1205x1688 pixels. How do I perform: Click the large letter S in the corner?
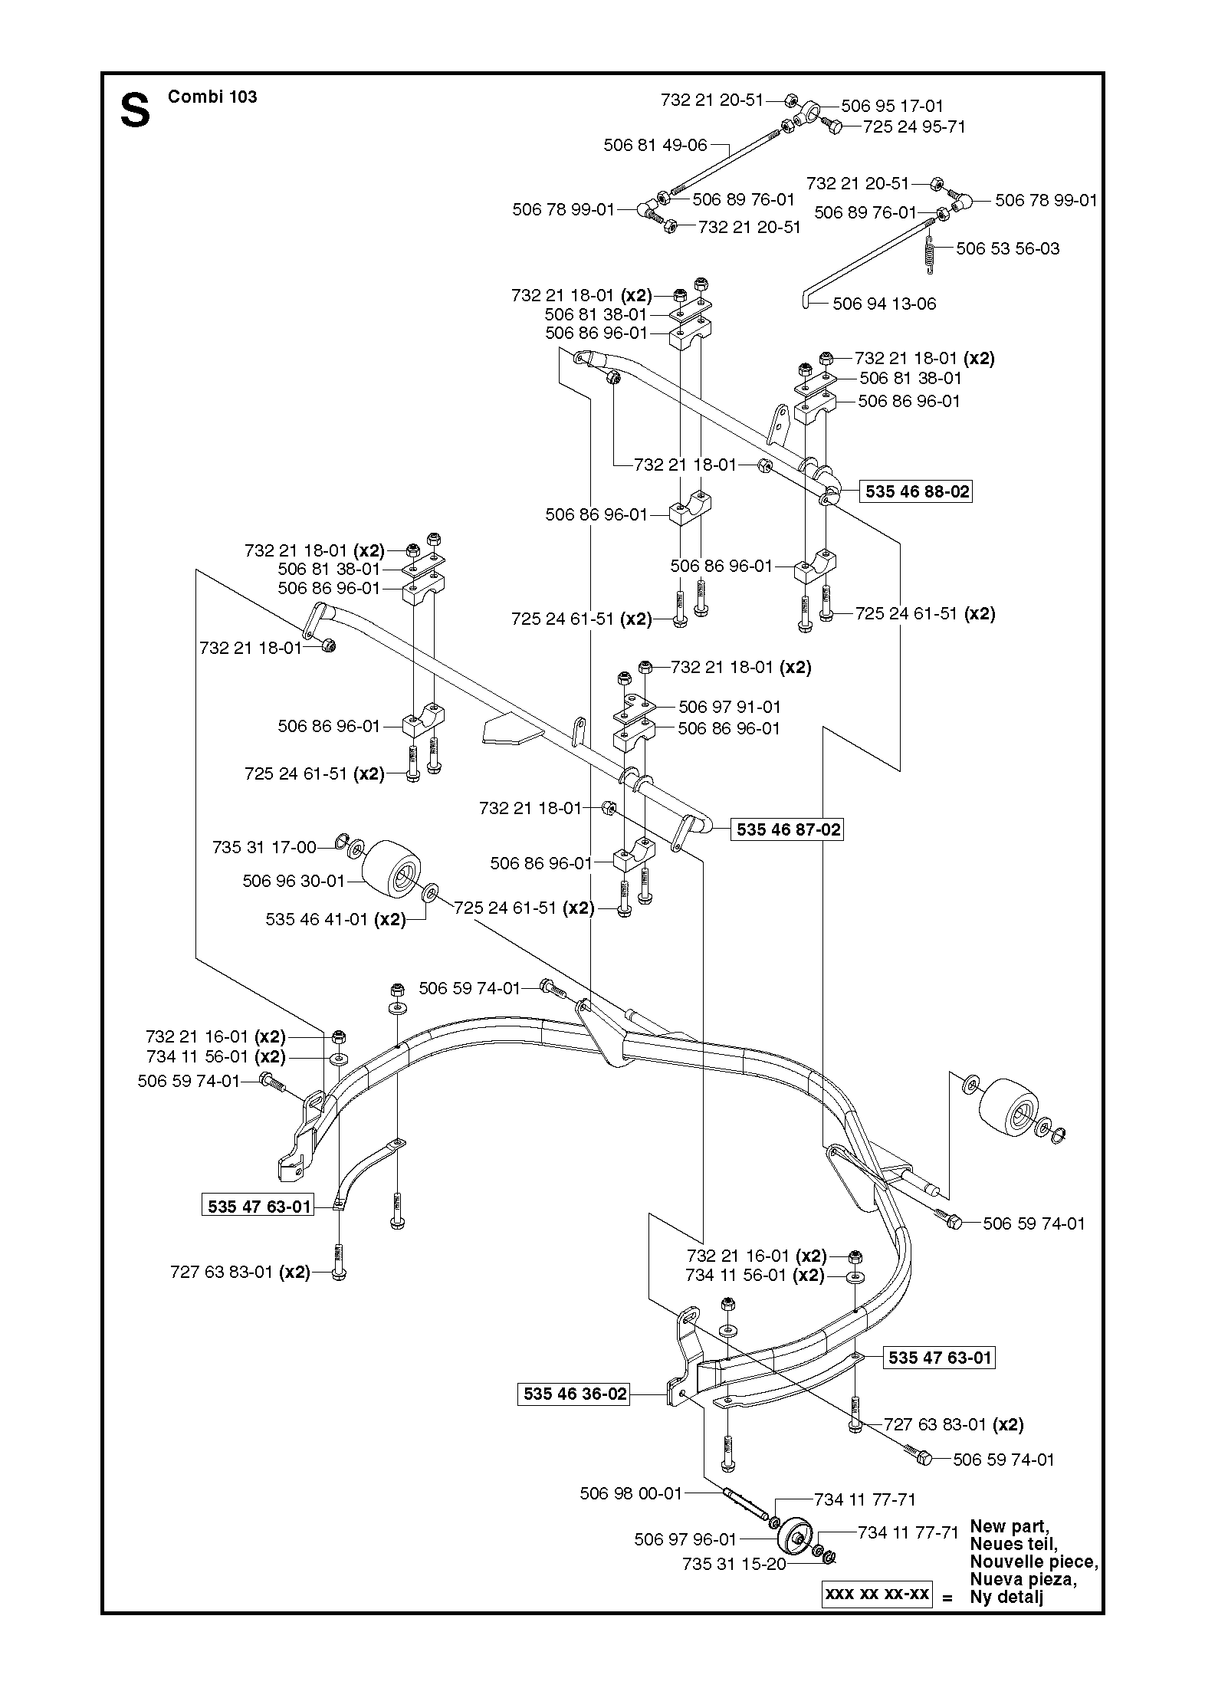click(x=135, y=110)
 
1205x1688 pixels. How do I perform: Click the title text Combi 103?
click(x=212, y=97)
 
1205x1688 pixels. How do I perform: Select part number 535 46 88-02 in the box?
click(x=918, y=491)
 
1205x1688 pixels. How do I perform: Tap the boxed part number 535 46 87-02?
click(x=788, y=829)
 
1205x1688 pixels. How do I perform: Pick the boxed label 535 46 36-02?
click(x=575, y=1394)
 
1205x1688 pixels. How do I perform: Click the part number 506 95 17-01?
click(x=892, y=106)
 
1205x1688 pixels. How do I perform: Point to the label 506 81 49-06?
click(x=655, y=145)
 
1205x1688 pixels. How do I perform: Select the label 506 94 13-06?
click(x=885, y=304)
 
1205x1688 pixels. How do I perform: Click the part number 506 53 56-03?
click(x=1008, y=248)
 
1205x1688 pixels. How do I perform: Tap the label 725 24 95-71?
click(x=914, y=126)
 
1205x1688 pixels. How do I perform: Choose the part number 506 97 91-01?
click(x=730, y=707)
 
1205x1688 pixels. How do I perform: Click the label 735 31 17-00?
click(x=264, y=847)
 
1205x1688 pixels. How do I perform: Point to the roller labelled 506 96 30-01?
click(x=391, y=865)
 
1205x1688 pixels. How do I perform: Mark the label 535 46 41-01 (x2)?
click(x=336, y=920)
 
